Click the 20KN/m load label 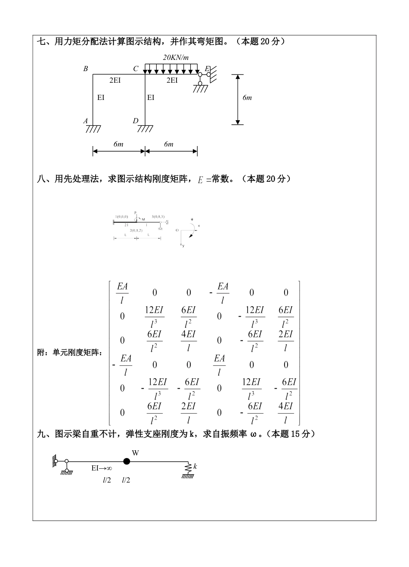click(177, 57)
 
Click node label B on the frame click(86, 69)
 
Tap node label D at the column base click(135, 121)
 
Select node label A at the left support click(86, 121)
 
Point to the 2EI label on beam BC click(115, 80)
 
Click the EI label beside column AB click(101, 97)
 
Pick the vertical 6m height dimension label click(247, 98)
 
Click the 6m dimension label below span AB click(118, 144)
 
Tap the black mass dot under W click(126, 461)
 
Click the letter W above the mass click(135, 452)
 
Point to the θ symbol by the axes click(192, 219)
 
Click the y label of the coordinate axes click(183, 246)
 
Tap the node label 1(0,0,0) click(121, 216)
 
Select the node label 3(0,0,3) click(158, 216)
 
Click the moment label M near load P click(143, 219)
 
